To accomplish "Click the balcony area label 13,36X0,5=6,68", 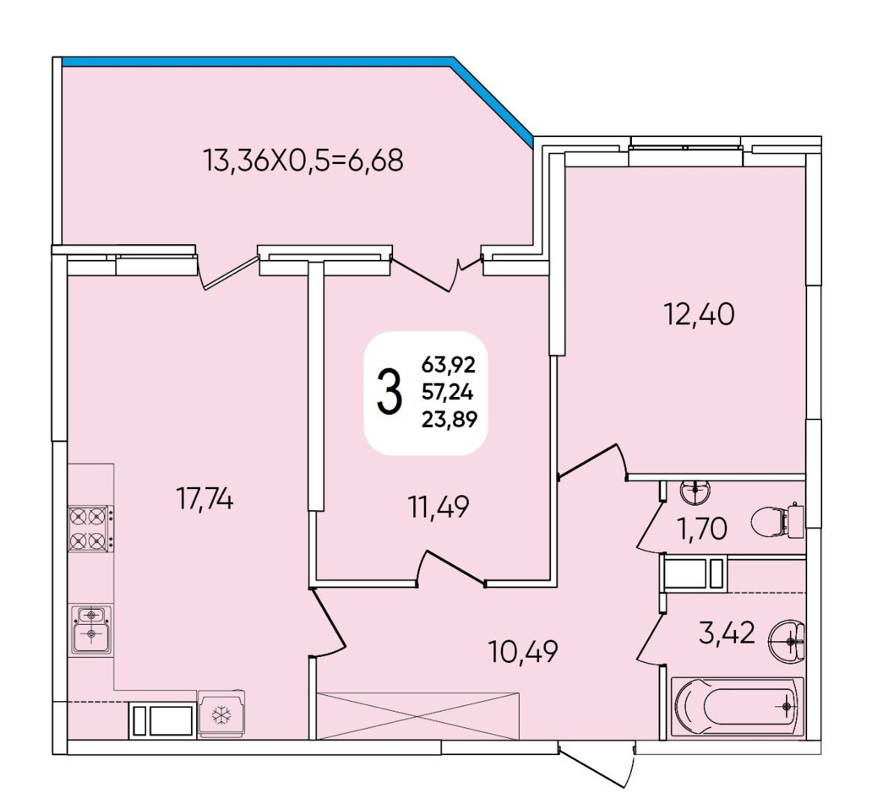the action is (303, 160).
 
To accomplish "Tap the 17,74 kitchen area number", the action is (204, 499).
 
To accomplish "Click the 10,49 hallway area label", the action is (523, 652).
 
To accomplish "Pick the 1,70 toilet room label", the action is (702, 529).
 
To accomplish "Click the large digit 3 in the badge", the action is (389, 392).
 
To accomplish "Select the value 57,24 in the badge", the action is (448, 392).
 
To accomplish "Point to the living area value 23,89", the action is (449, 419).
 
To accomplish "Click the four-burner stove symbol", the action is (91, 529).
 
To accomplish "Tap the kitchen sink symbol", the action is (91, 629).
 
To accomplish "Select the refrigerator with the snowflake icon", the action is (222, 714).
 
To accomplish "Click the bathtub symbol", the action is (738, 708).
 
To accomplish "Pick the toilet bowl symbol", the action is (777, 521).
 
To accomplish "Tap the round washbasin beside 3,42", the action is (787, 642).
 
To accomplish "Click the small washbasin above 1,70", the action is (694, 491).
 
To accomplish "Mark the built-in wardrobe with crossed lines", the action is (418, 715).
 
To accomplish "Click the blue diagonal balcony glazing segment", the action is (493, 101).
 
